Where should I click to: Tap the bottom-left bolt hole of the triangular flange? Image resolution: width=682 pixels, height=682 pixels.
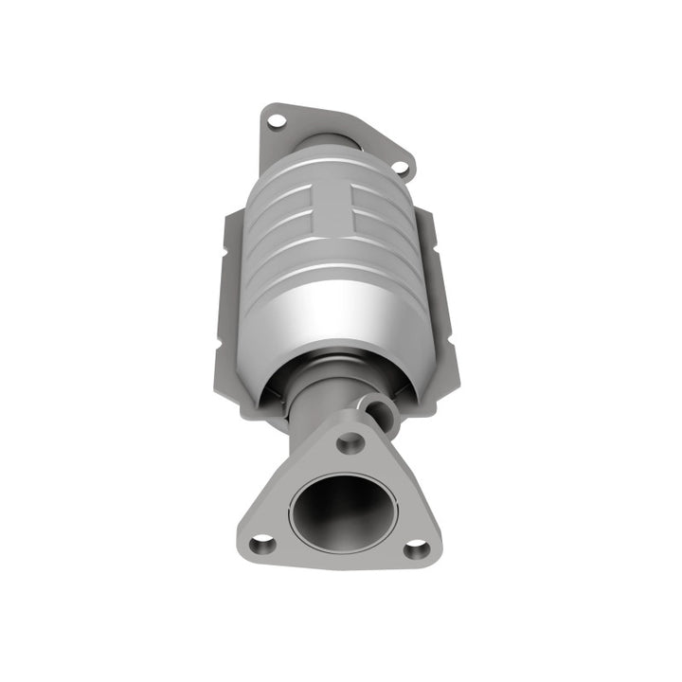click(262, 543)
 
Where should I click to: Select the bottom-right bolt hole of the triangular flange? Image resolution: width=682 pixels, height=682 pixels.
click(416, 547)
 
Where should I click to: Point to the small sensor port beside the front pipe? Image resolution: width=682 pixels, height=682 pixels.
click(382, 410)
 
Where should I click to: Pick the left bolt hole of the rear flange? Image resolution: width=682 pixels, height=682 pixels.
click(276, 120)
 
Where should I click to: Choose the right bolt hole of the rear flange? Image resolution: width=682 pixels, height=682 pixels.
click(401, 168)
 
